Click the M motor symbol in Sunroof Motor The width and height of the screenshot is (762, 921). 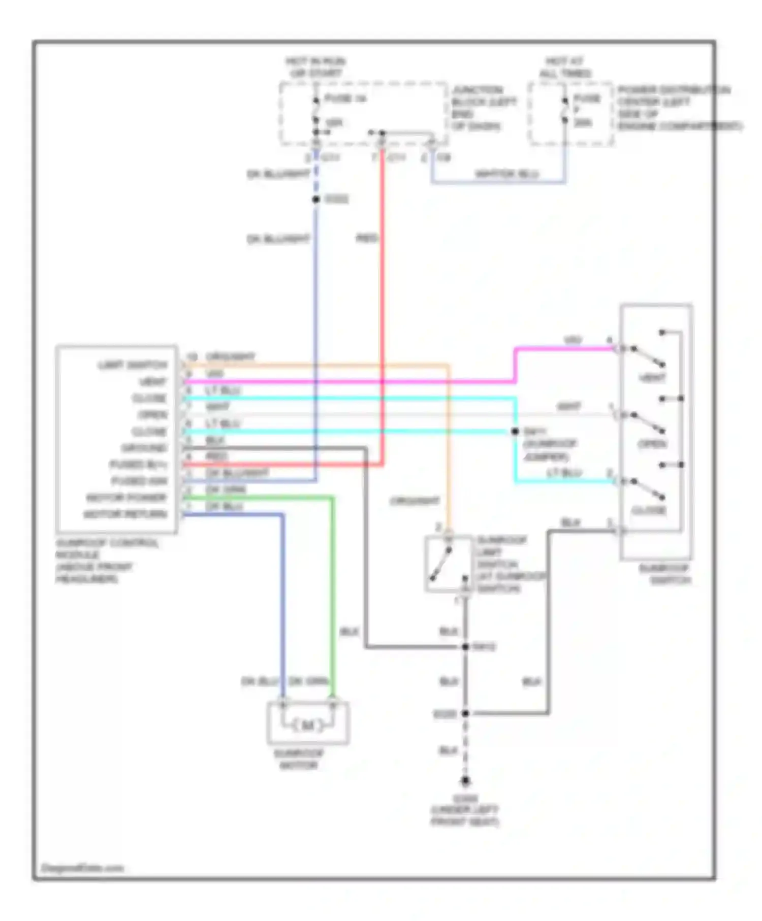click(x=308, y=726)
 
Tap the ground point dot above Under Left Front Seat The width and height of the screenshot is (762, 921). click(x=465, y=781)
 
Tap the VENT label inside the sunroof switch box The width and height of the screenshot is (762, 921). click(x=652, y=378)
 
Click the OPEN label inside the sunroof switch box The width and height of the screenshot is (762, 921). click(x=652, y=444)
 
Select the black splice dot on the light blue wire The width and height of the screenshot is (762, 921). click(x=515, y=432)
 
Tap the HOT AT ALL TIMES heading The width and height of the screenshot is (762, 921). click(x=565, y=68)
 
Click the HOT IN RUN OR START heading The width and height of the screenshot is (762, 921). click(x=315, y=68)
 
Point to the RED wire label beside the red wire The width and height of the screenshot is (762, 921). click(x=367, y=238)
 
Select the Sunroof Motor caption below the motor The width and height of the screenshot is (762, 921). click(x=299, y=759)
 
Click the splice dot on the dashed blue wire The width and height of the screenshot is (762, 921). click(x=315, y=200)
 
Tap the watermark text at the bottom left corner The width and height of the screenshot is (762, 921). click(x=82, y=868)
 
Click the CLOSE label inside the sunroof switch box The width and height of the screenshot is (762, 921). click(x=649, y=510)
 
